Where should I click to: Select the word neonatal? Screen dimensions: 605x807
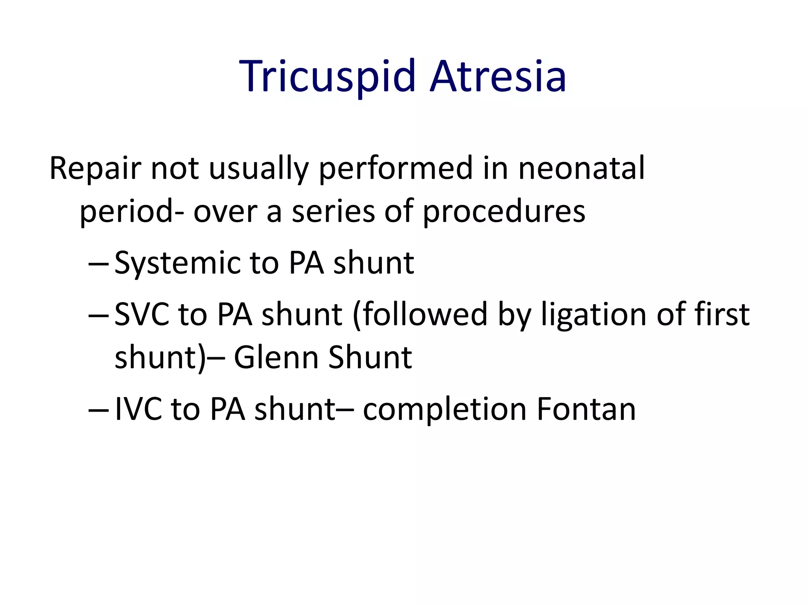coord(581,168)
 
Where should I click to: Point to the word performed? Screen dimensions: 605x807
coord(396,168)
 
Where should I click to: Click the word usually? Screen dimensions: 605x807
coord(258,168)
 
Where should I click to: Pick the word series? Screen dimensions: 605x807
coord(333,212)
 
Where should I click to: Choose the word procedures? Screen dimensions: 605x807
coord(504,212)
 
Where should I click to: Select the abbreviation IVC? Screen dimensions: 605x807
coord(138,409)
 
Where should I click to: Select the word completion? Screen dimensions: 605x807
coord(445,409)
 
